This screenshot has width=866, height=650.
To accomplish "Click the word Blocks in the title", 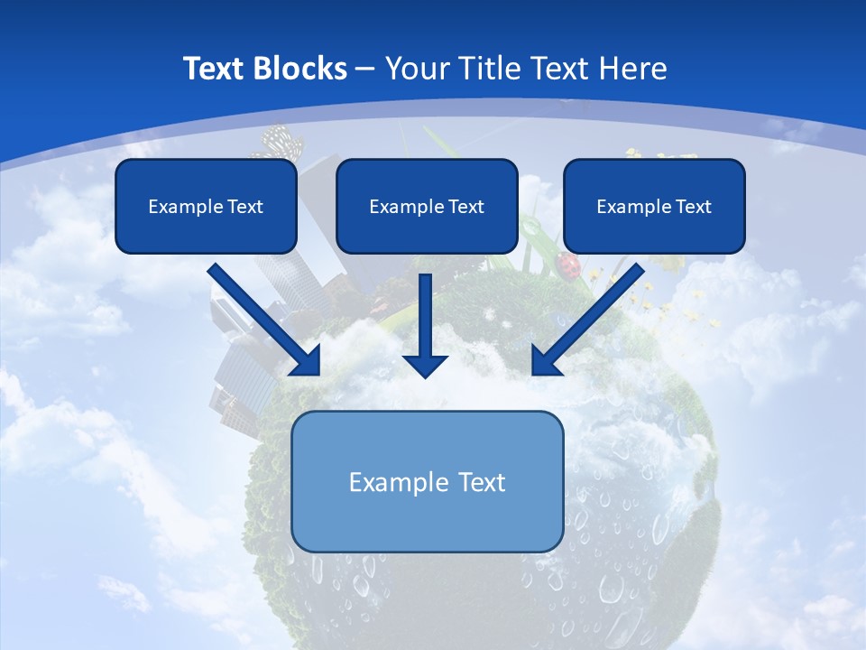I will (x=298, y=69).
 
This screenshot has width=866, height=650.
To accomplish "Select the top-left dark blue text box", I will (x=206, y=206).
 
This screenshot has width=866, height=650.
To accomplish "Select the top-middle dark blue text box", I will (x=427, y=206).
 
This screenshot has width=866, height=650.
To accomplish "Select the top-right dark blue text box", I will (x=654, y=206).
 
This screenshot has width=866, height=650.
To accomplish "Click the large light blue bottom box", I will (x=427, y=481).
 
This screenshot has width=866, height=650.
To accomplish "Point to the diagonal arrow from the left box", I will (x=262, y=318).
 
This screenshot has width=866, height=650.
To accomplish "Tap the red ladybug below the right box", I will (x=569, y=265).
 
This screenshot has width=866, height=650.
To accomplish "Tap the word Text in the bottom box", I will (x=483, y=482).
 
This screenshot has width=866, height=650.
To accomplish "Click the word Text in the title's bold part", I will (x=215, y=69).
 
